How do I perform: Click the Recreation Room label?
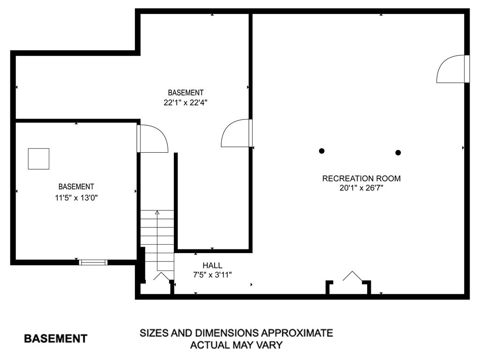[361, 178]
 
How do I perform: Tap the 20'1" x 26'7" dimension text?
[361, 188]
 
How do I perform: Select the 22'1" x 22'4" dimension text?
[186, 103]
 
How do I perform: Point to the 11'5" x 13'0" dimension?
[76, 198]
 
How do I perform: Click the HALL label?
[212, 265]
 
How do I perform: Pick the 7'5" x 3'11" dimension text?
[212, 275]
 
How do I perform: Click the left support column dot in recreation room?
[322, 151]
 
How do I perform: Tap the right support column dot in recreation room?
[398, 152]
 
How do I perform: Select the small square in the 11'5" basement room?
[38, 158]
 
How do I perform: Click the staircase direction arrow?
[157, 213]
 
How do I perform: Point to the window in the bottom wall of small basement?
[93, 262]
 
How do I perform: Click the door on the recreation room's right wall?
[452, 69]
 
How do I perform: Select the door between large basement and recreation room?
[237, 133]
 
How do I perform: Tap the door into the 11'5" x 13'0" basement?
[153, 138]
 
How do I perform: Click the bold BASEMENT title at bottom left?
[55, 338]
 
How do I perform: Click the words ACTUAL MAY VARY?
[236, 345]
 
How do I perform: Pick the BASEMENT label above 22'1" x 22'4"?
[186, 93]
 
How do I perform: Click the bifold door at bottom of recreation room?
[352, 276]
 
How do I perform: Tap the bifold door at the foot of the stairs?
[162, 277]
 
